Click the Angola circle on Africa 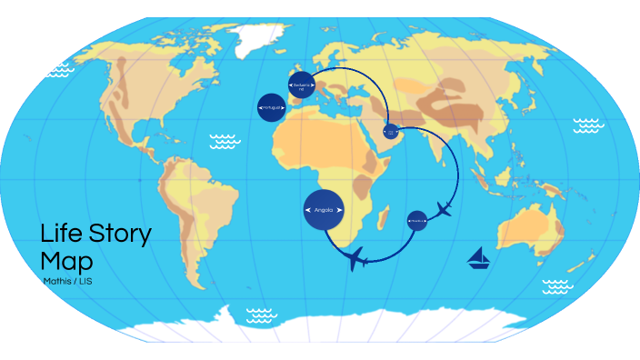click(324, 211)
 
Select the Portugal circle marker click(272, 107)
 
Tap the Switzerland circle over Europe click(301, 85)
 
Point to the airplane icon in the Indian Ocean click(445, 210)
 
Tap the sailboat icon click(479, 259)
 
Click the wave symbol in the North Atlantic click(224, 141)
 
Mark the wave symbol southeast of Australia click(557, 287)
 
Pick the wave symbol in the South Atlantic click(261, 315)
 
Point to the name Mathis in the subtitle click(56, 280)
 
